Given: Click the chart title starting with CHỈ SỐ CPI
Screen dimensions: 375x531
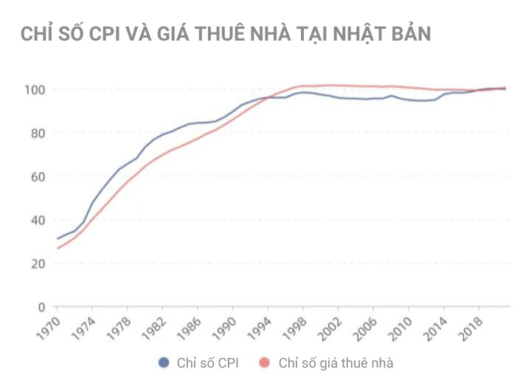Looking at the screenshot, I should pos(225,34).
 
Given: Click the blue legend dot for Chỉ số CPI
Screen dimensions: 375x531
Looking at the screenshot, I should pos(164,362).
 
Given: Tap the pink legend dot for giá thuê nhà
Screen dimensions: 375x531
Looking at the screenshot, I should pos(265,362).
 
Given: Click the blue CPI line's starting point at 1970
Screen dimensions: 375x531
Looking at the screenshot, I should pos(58,238).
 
